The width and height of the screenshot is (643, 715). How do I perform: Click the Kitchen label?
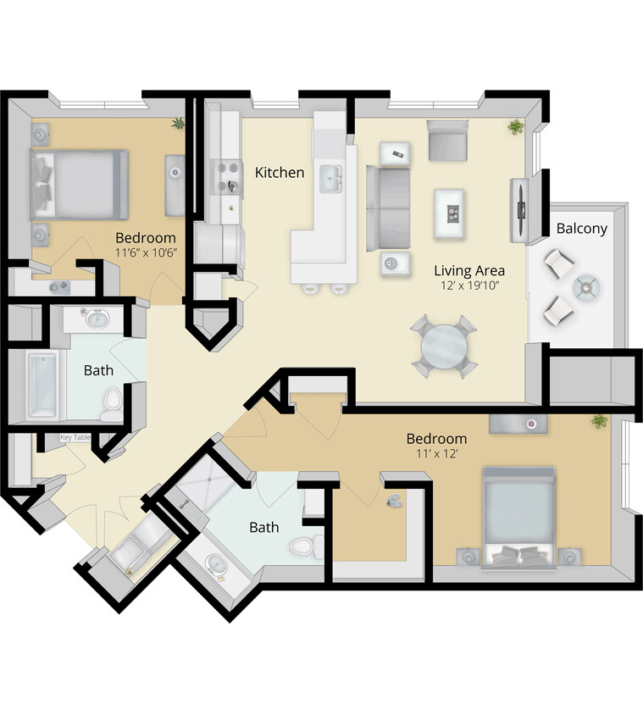pyautogui.click(x=280, y=173)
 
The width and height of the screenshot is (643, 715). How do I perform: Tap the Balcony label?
pyautogui.click(x=581, y=229)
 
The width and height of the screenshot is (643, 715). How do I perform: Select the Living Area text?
pyautogui.click(x=469, y=271)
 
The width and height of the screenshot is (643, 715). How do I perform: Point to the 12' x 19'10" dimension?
pyautogui.click(x=469, y=286)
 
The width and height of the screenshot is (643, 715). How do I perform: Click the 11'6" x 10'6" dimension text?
pyautogui.click(x=146, y=252)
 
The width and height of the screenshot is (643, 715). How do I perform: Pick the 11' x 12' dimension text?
pyautogui.click(x=436, y=454)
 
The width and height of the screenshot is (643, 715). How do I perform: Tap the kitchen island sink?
pyautogui.click(x=330, y=179)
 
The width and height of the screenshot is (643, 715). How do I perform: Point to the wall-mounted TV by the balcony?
pyautogui.click(x=518, y=210)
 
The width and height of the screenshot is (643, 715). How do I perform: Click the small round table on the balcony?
pyautogui.click(x=586, y=286)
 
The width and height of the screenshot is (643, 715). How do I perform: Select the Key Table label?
pyautogui.click(x=75, y=438)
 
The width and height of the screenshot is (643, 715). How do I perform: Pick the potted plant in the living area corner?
pyautogui.click(x=514, y=127)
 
